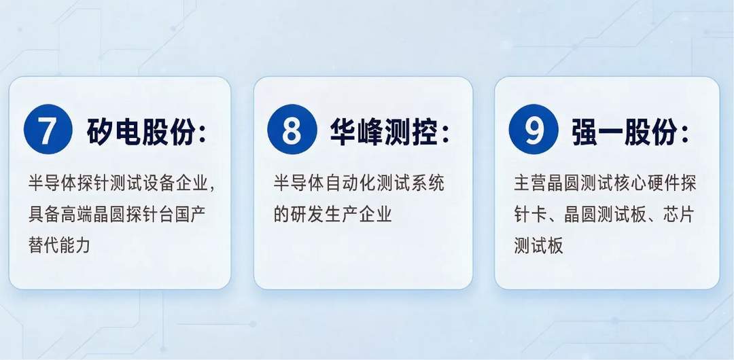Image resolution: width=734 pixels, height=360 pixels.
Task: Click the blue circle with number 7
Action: click(48, 130)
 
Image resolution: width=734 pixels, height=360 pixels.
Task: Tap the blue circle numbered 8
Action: click(292, 130)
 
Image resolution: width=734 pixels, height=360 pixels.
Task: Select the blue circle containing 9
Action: click(534, 130)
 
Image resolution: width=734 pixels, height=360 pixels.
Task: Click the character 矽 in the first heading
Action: click(100, 132)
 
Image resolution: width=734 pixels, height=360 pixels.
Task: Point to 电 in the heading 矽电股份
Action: click(127, 132)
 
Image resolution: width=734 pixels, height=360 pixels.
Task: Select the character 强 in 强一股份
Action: click(585, 132)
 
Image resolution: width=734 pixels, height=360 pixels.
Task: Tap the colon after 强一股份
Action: click(685, 134)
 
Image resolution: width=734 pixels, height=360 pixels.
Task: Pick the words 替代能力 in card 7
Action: click(59, 245)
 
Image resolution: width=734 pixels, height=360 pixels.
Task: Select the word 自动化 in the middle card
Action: click(343, 183)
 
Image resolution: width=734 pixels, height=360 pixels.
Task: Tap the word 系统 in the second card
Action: click(429, 183)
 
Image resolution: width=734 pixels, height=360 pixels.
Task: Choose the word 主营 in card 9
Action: click(529, 183)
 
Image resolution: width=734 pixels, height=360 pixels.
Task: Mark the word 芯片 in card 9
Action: click(679, 215)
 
